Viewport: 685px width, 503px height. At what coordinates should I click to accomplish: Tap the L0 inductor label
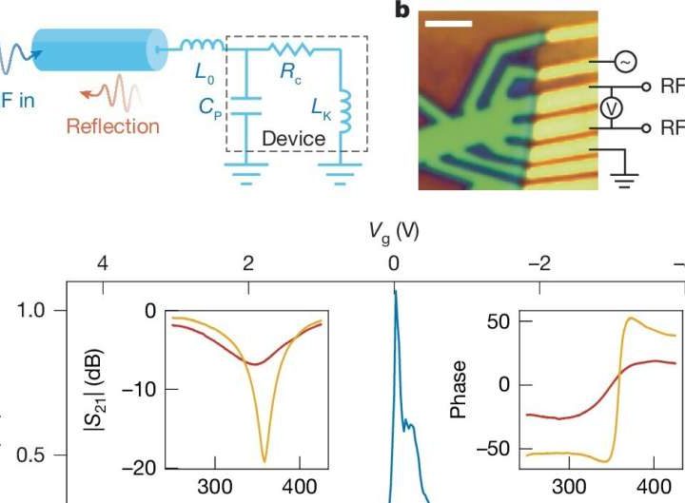(x=203, y=71)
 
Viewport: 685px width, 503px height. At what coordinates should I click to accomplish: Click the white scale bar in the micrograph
(x=449, y=44)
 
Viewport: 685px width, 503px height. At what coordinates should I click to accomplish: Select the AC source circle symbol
(x=625, y=62)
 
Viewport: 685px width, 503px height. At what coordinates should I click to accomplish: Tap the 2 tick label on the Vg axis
(x=247, y=263)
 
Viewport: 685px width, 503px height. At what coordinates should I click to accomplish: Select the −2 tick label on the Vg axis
(x=538, y=263)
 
